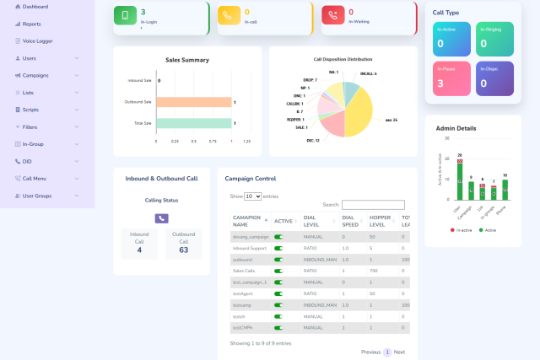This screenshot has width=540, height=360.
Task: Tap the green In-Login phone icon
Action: (126, 16)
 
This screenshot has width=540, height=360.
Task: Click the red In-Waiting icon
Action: (333, 16)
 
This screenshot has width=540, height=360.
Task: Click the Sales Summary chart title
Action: (186, 60)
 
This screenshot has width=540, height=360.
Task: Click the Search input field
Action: (373, 205)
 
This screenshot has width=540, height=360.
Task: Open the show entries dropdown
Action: (252, 196)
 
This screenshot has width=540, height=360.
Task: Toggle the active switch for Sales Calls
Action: (278, 271)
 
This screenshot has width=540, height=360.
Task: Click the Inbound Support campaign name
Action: (251, 249)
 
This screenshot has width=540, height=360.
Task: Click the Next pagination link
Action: (399, 352)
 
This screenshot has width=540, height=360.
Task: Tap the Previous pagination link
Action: (370, 352)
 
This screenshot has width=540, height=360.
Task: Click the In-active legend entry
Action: (460, 228)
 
